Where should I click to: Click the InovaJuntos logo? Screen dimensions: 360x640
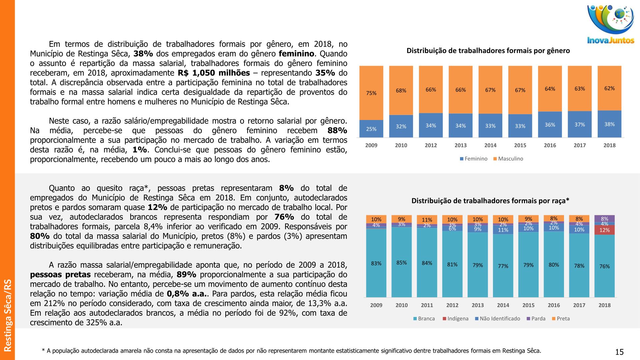[x=611, y=25]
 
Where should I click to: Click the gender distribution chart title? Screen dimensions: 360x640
[x=488, y=51]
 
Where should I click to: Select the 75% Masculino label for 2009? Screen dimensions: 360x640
[x=371, y=93]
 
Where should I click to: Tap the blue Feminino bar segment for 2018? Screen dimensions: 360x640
[x=609, y=124]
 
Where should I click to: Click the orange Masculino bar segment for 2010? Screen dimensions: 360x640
[x=401, y=90]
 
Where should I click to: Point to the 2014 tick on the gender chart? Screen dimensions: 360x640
[x=490, y=145]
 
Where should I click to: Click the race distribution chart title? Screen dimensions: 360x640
[x=490, y=201]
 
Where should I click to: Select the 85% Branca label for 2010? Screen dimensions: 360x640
[x=401, y=263]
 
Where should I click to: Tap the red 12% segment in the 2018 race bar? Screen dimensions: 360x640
[x=604, y=230]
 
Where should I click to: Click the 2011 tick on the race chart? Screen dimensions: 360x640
[x=427, y=305]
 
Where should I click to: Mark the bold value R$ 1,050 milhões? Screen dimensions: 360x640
[x=214, y=73]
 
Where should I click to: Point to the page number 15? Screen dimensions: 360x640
[x=619, y=352]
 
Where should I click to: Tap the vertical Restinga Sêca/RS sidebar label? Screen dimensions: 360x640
[x=7, y=315]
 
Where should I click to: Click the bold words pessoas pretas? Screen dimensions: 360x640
[x=60, y=275]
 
